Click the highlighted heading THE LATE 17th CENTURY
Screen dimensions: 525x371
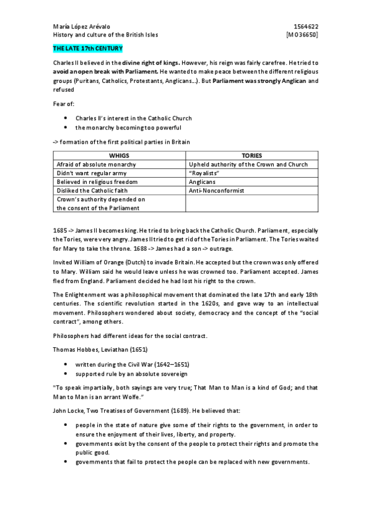[x=87, y=48]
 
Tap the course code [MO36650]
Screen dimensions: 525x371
[x=302, y=35]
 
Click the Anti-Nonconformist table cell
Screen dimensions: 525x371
[x=216, y=191]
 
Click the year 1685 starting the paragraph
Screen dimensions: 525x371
[x=61, y=230]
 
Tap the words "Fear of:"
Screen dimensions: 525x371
[x=63, y=103]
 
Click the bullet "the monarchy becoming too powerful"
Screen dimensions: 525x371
[x=128, y=128]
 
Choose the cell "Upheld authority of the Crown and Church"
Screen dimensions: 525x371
[x=248, y=165]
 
